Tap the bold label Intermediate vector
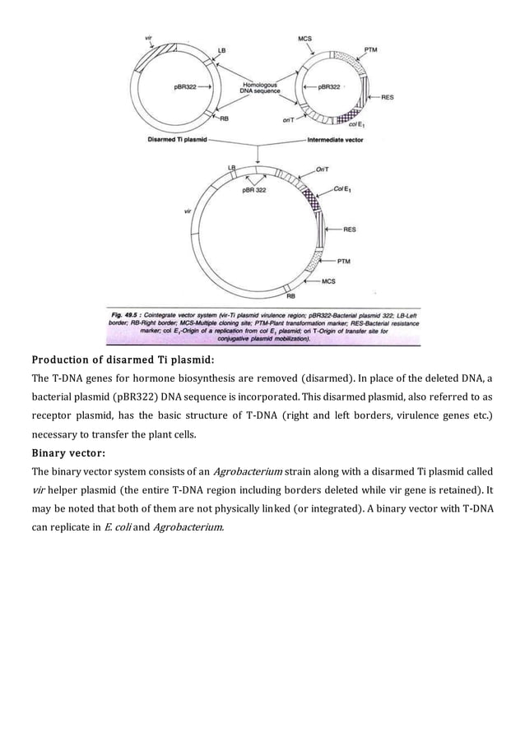334,141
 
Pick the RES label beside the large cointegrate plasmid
350,229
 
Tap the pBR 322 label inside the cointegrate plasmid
253,190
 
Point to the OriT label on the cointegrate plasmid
323,169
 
